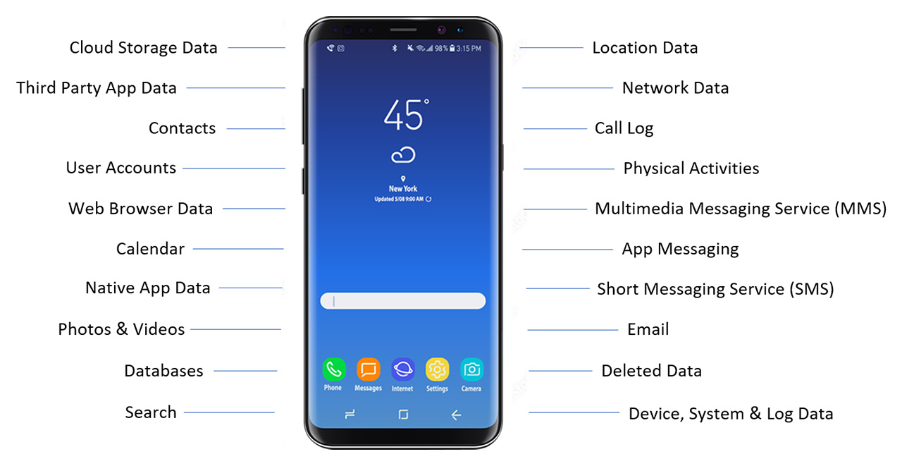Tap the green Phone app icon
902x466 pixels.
pos(333,369)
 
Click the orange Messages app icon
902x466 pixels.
pos(368,369)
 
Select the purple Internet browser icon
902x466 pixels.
pos(402,369)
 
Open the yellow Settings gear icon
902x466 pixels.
pos(437,369)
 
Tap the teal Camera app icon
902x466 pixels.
pos(471,369)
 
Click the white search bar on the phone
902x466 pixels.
pos(402,301)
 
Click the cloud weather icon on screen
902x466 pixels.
pos(403,155)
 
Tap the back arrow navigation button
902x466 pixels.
pos(456,415)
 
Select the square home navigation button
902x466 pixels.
pos(403,415)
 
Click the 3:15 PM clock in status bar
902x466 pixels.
pos(469,49)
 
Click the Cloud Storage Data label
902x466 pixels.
pos(143,48)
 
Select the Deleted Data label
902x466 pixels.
pos(651,371)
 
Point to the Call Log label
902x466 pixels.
pos(624,128)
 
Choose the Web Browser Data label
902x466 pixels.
pos(140,209)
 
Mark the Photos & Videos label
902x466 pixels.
pos(121,329)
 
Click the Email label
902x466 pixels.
pos(648,329)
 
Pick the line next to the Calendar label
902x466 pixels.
pos(238,249)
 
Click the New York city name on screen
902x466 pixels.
pos(403,189)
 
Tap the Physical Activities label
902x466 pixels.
pos(691,168)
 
